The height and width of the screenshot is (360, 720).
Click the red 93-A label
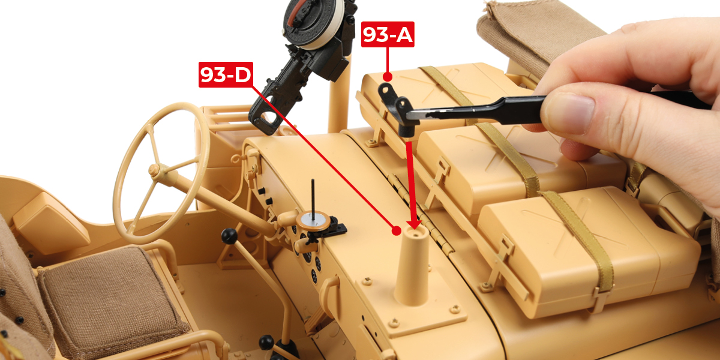[x=388, y=34]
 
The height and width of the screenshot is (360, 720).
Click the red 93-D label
[x=226, y=74]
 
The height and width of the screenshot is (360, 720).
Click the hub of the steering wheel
[x=155, y=170]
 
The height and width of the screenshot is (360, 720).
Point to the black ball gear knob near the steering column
[x=229, y=236]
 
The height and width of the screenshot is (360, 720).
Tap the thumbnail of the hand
[x=569, y=113]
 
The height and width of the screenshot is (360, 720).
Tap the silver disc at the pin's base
[x=313, y=221]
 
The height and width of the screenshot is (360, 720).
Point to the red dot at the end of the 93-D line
[x=397, y=230]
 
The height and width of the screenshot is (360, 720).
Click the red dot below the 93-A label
[x=388, y=77]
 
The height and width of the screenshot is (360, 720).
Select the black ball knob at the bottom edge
[x=266, y=343]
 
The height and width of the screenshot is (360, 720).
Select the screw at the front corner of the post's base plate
[x=394, y=322]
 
